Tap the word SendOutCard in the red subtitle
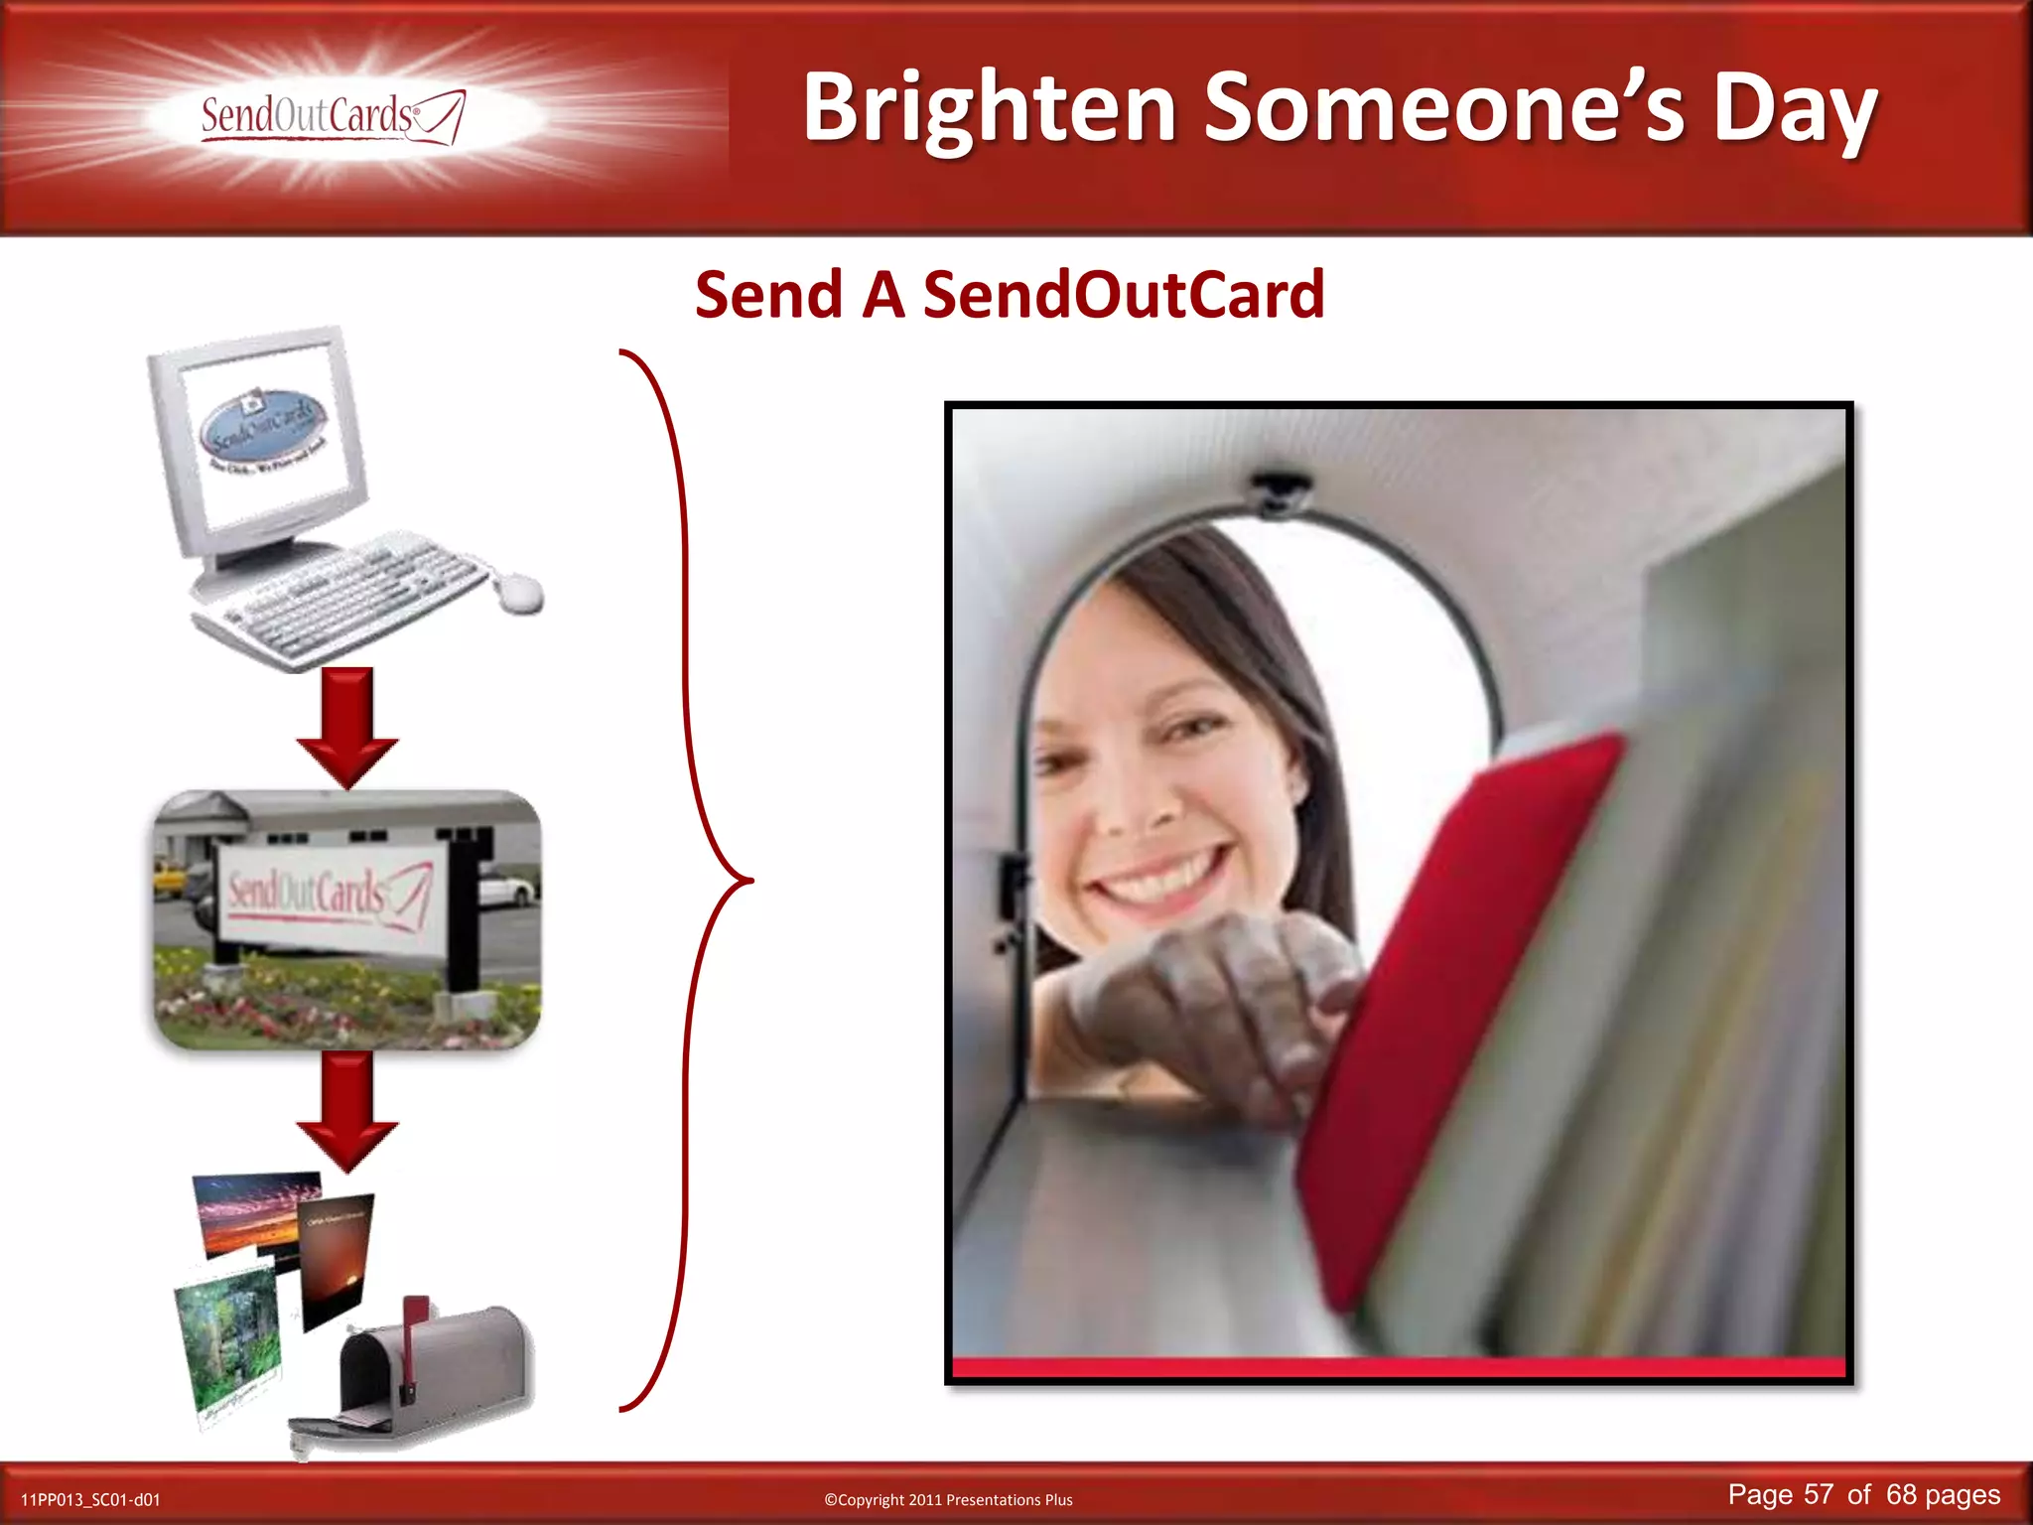(1124, 295)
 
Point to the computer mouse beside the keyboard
(518, 593)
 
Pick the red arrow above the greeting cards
(347, 1112)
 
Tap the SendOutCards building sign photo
(347, 919)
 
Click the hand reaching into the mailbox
(1211, 1003)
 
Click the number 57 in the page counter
(1819, 1494)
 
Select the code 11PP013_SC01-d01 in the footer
(90, 1500)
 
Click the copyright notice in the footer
(948, 1500)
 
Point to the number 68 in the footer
(1901, 1494)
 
